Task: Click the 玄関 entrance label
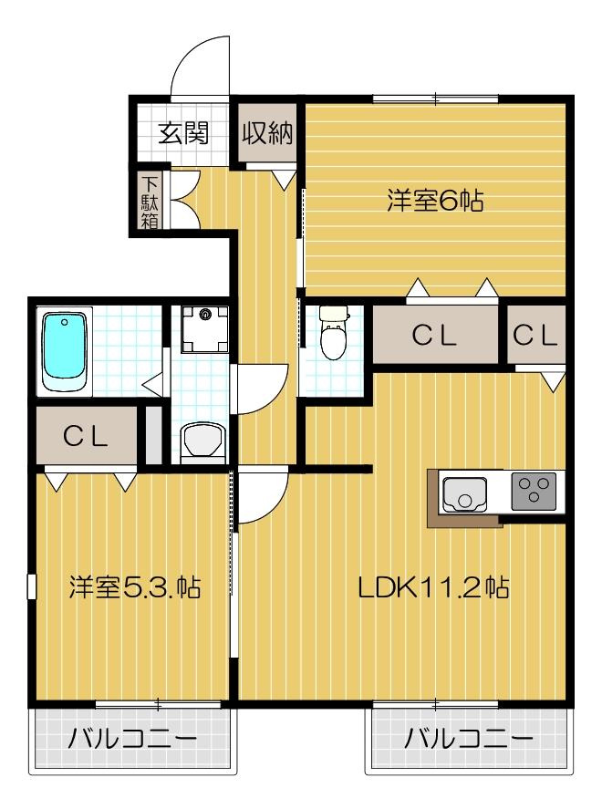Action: click(184, 133)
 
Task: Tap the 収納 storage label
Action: click(267, 133)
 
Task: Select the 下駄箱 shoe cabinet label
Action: click(150, 201)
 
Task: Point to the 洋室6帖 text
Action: click(434, 202)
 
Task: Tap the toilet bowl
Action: click(334, 337)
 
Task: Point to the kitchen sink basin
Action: click(464, 493)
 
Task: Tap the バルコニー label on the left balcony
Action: click(132, 738)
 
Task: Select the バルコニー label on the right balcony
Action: click(469, 738)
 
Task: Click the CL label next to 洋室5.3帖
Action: click(86, 435)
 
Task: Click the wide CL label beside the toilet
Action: click(433, 335)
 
